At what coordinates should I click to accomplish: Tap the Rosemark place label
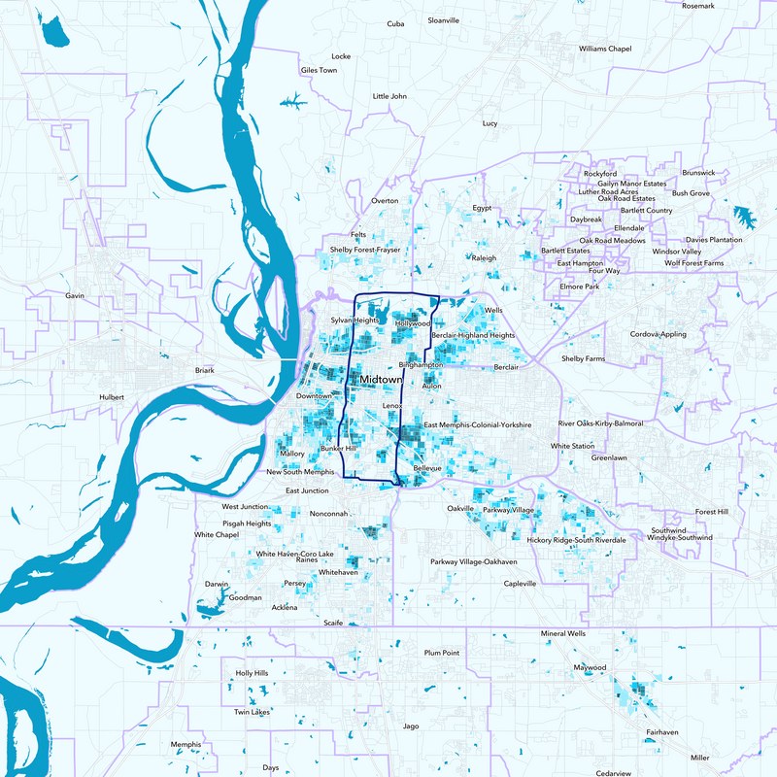pyautogui.click(x=697, y=6)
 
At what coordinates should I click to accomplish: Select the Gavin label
pyautogui.click(x=75, y=295)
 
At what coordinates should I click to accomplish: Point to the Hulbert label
pyautogui.click(x=112, y=397)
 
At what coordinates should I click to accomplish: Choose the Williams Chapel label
pyautogui.click(x=604, y=48)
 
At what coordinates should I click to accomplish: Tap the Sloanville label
pyautogui.click(x=443, y=19)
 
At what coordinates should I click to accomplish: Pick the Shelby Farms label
pyautogui.click(x=583, y=358)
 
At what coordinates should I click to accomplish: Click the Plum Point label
pyautogui.click(x=441, y=653)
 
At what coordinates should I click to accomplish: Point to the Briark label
pyautogui.click(x=204, y=370)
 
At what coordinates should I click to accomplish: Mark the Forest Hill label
pyautogui.click(x=711, y=512)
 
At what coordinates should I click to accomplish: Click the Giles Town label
pyautogui.click(x=319, y=71)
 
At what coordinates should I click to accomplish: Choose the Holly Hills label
pyautogui.click(x=252, y=673)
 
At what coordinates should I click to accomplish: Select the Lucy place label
pyautogui.click(x=490, y=123)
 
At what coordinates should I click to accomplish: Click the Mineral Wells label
pyautogui.click(x=563, y=633)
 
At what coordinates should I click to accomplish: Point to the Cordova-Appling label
pyautogui.click(x=658, y=334)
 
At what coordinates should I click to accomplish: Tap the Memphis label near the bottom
pyautogui.click(x=186, y=745)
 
